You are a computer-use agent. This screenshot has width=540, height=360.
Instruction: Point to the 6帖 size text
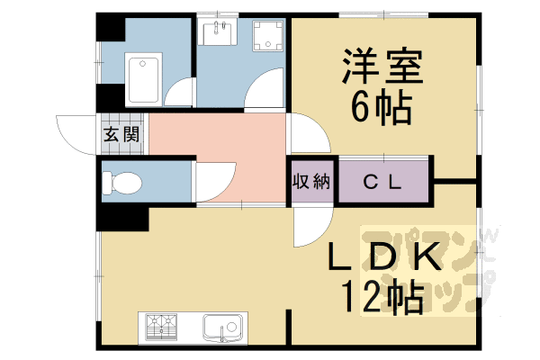[381, 110]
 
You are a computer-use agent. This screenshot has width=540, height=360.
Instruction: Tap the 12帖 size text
[382, 297]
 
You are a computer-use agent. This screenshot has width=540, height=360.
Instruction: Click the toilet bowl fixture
[121, 183]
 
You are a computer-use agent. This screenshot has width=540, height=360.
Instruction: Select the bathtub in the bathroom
[145, 80]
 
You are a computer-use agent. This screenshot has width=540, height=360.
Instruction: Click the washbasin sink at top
[218, 34]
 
